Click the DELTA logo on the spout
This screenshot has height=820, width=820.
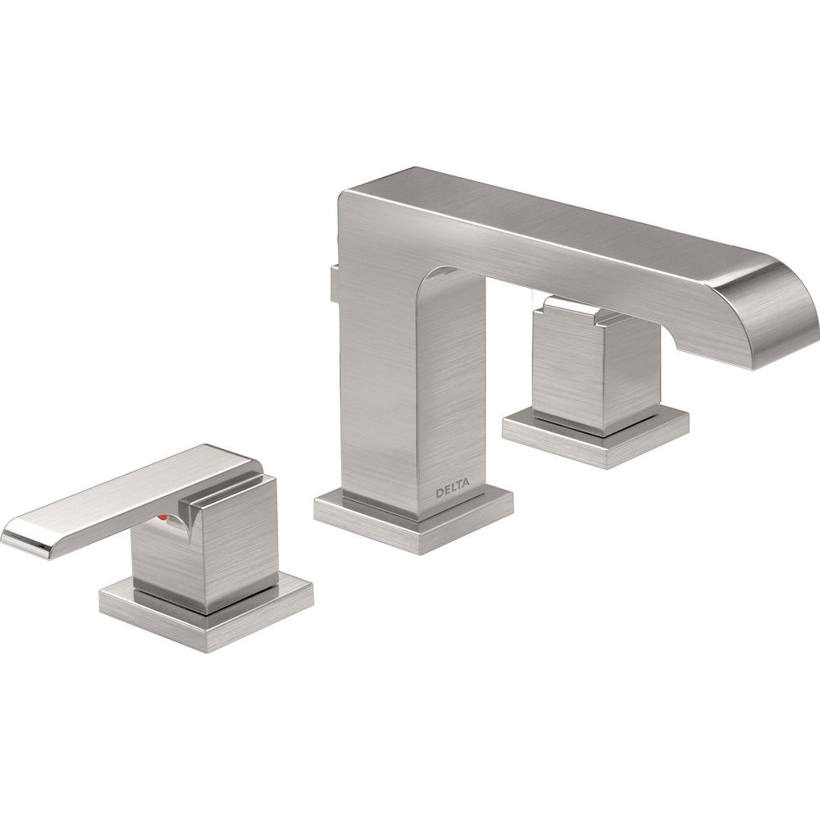point(452,492)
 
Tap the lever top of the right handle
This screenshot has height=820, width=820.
point(574,307)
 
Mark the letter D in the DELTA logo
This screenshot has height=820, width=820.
point(439,494)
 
